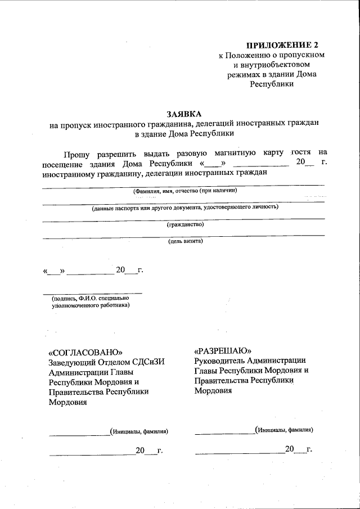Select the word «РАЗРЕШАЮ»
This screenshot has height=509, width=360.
[x=222, y=350]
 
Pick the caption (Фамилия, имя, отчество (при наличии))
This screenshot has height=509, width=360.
[x=185, y=191]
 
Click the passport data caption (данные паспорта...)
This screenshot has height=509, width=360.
[x=185, y=208]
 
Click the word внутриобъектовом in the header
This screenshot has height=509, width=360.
[x=272, y=65]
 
